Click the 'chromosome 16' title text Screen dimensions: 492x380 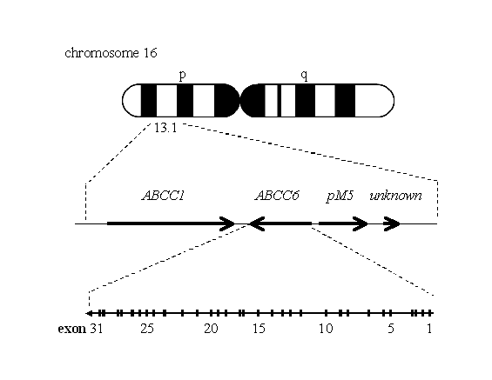pyautogui.click(x=111, y=53)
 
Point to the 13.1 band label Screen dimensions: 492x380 pyautogui.click(x=165, y=128)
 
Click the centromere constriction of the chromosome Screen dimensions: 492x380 pyautogui.click(x=240, y=101)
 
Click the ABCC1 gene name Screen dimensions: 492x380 pyautogui.click(x=163, y=196)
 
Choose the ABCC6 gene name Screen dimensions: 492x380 pyautogui.click(x=277, y=196)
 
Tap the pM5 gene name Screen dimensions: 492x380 pyautogui.click(x=340, y=197)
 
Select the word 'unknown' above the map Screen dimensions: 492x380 pyautogui.click(x=395, y=196)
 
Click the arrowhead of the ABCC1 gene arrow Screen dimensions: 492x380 pyautogui.click(x=227, y=223)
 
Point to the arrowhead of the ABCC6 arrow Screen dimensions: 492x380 pyautogui.click(x=257, y=223)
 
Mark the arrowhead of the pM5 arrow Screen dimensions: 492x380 pyautogui.click(x=361, y=223)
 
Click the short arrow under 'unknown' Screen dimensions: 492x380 pyautogui.click(x=391, y=223)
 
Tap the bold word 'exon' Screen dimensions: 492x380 pyautogui.click(x=72, y=329)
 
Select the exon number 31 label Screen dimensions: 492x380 pyautogui.click(x=97, y=329)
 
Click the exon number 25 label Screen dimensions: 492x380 pyautogui.click(x=147, y=329)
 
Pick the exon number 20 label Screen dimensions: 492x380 pyautogui.click(x=211, y=329)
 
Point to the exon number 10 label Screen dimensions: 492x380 pyautogui.click(x=326, y=329)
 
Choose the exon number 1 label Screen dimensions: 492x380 pyautogui.click(x=429, y=329)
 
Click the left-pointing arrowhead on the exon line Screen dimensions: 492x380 pyautogui.click(x=89, y=313)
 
